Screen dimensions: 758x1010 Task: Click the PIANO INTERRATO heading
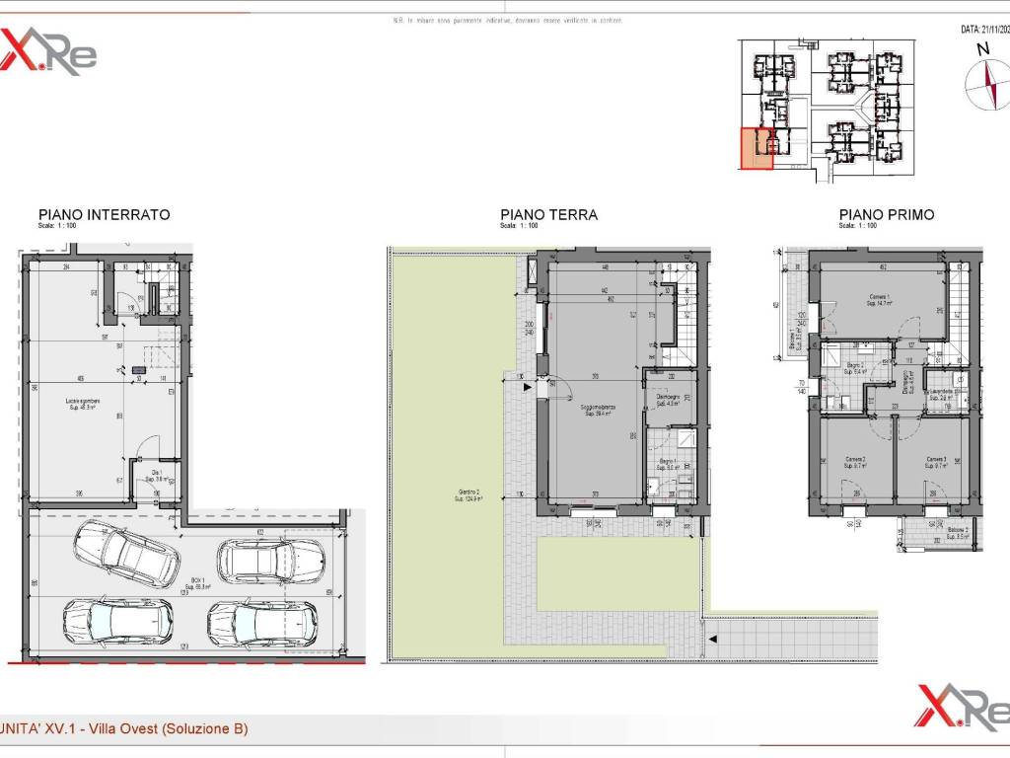104,214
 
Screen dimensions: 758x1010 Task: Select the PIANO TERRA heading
548,214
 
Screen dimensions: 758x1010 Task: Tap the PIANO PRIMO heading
886,214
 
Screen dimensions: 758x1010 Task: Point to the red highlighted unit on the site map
757,149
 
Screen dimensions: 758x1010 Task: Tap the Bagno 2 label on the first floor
854,367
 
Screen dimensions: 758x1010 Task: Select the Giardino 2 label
469,495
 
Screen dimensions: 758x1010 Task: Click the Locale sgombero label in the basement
85,403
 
